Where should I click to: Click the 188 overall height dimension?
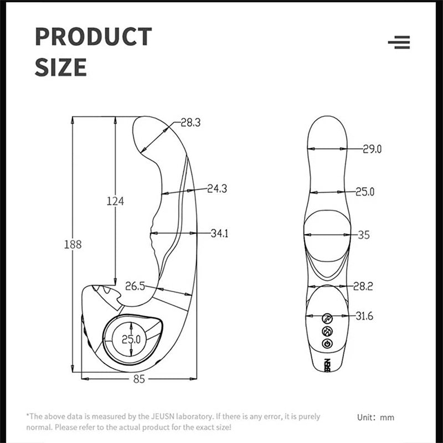[x=73, y=244]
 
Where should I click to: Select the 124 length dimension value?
[x=115, y=201]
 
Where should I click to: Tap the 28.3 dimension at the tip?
[x=190, y=123]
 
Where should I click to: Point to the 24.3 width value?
[x=217, y=189]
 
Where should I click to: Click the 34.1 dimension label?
[x=219, y=234]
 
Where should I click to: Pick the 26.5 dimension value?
[x=135, y=286]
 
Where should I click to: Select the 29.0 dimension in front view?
[x=372, y=148]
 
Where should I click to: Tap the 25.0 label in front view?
[x=365, y=192]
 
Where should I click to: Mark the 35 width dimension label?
[x=363, y=235]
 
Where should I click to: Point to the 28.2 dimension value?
[x=363, y=286]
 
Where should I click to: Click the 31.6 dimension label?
[x=365, y=316]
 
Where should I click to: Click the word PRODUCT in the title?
[x=93, y=37]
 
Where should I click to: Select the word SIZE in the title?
[x=61, y=67]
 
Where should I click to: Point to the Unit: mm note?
[x=375, y=417]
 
